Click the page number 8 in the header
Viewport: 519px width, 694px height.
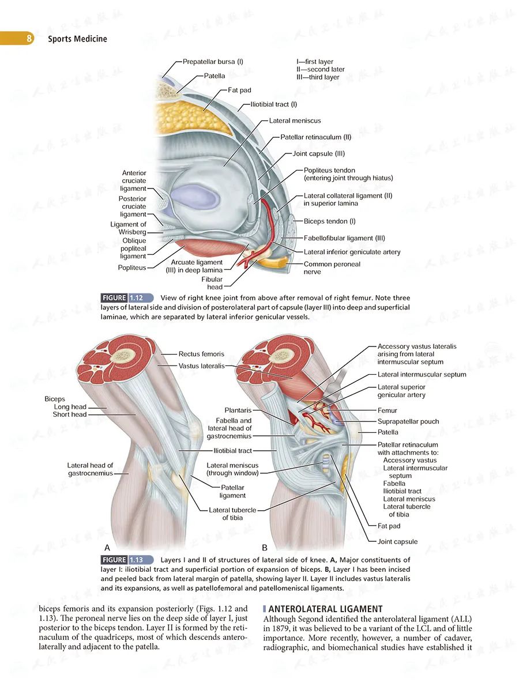(29, 39)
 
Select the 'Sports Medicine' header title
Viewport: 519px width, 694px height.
(77, 39)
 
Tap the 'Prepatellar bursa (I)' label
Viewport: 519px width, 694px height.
(213, 62)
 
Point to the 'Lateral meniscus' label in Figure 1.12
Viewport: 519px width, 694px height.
(295, 120)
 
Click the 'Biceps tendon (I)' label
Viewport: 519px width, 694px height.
(329, 221)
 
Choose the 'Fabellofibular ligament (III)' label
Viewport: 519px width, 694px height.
(344, 238)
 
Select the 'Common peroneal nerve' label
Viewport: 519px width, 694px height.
(332, 268)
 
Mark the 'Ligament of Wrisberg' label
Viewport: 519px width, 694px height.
(128, 228)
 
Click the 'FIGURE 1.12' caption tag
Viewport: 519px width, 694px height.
(127, 298)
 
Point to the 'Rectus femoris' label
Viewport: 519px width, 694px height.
(201, 354)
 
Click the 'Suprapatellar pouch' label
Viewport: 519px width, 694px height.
(408, 421)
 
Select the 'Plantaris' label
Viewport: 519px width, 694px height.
(238, 410)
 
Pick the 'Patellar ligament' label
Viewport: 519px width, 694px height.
(232, 492)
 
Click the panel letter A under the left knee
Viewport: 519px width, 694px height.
(107, 548)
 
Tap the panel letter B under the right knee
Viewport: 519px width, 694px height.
(265, 548)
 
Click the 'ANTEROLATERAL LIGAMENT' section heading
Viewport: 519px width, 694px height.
(325, 609)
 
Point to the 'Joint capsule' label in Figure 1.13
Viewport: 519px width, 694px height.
(397, 542)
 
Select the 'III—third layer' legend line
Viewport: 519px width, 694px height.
(318, 77)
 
